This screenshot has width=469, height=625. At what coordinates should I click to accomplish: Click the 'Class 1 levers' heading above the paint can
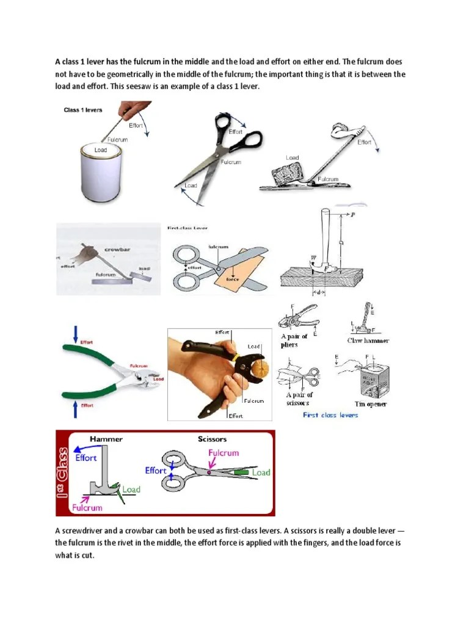click(x=83, y=110)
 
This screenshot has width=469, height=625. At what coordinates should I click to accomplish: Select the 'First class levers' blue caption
click(x=330, y=415)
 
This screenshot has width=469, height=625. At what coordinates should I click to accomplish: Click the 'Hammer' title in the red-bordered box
click(x=106, y=439)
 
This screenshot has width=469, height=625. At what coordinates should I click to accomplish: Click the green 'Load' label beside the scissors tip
click(x=261, y=472)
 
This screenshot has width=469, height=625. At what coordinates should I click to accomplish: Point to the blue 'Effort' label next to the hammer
click(x=85, y=457)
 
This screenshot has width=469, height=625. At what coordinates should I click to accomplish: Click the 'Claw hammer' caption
click(x=368, y=341)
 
